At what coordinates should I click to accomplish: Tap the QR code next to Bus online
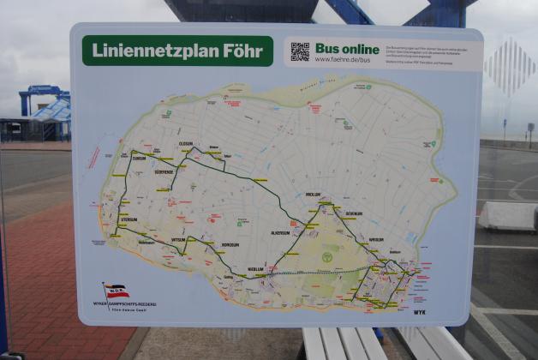click(299, 51)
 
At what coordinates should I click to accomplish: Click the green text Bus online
click(347, 48)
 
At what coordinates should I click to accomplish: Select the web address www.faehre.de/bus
click(344, 59)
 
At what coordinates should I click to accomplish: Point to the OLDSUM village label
click(186, 143)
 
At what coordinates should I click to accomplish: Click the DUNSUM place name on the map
click(138, 158)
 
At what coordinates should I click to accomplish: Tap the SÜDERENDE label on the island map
click(164, 171)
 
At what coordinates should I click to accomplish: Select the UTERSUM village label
click(128, 219)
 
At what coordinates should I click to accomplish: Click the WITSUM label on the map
click(178, 239)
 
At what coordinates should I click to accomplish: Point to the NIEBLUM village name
click(255, 268)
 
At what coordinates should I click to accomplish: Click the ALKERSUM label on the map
click(280, 232)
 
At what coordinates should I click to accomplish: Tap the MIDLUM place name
click(313, 195)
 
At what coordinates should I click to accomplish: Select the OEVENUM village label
click(354, 213)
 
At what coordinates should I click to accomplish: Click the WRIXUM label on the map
click(376, 239)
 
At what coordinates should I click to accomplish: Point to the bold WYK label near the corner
click(420, 313)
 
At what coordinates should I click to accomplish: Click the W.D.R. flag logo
click(116, 291)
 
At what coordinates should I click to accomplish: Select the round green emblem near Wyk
click(326, 255)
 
